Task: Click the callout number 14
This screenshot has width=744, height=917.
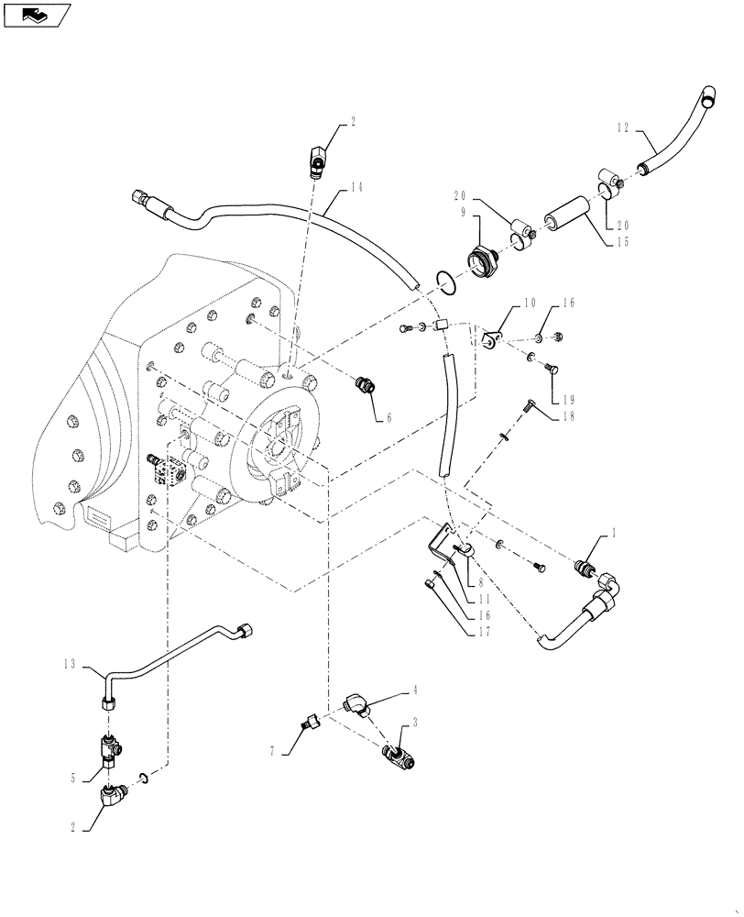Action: (356, 188)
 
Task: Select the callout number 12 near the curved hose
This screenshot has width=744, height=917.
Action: (622, 130)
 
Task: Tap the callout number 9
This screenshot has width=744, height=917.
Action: (464, 212)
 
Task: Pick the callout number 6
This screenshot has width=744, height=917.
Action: (388, 417)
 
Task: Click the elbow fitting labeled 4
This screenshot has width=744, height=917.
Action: (356, 704)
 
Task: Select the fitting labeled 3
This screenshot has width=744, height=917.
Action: (399, 757)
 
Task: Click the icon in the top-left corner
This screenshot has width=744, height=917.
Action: (37, 14)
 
